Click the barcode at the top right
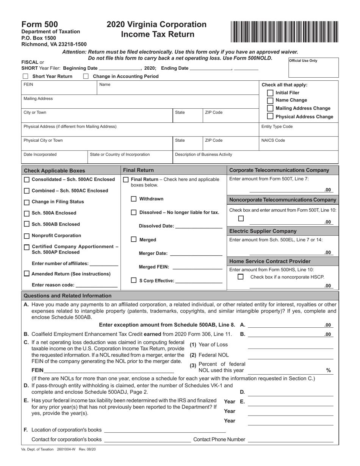[284, 32]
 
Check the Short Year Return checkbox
[25, 76]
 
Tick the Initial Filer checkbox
[270, 93]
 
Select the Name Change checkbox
[270, 100]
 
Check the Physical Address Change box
[270, 116]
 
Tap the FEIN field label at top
[28, 84]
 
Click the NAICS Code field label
[273, 140]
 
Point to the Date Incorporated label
[40, 154]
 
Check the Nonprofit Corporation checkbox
[27, 236]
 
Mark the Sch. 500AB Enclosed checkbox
[27, 224]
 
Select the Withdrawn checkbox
[134, 199]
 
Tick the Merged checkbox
[134, 239]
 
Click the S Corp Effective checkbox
[134, 280]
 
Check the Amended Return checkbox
[27, 274]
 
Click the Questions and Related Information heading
[67, 296]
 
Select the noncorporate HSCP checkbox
[240, 277]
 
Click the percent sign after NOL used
[328, 370]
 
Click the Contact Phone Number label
[219, 439]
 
